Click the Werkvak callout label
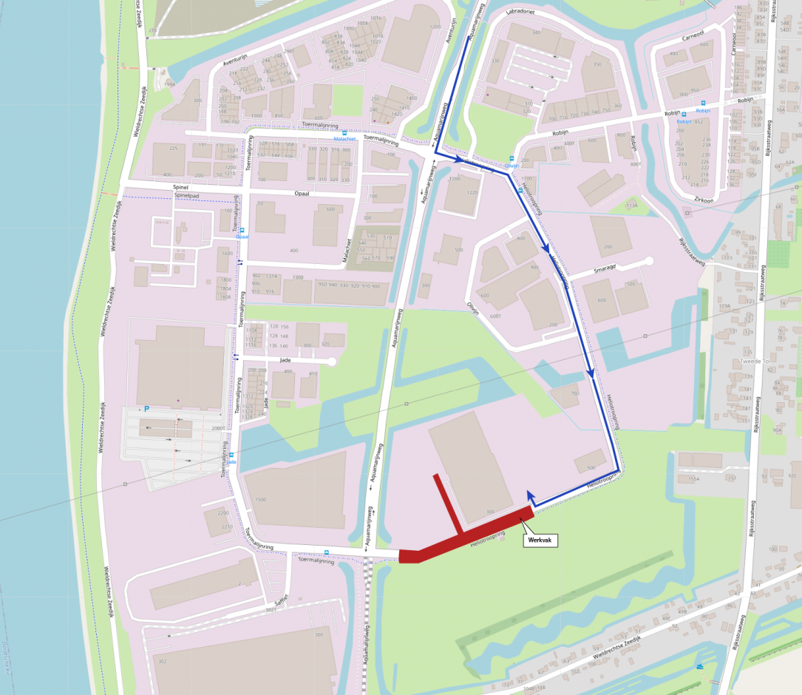coord(540,540)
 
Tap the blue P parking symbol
coord(146,409)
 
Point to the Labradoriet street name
coord(520,12)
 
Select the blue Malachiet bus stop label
coord(344,138)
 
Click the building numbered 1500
coord(260,500)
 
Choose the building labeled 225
coord(174,149)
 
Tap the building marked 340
coord(536,33)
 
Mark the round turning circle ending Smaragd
coord(649,261)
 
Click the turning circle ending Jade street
coord(331,362)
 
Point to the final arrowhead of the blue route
coord(529,495)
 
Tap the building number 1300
coord(298,277)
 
